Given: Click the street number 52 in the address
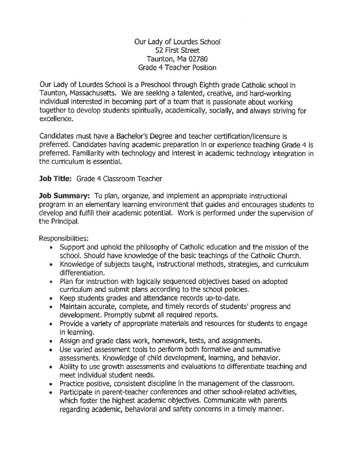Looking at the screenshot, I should [x=159, y=50].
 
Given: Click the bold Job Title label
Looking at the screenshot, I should [x=55, y=179].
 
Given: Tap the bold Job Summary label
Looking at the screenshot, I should [x=65, y=196].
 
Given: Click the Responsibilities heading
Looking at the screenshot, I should [x=64, y=238].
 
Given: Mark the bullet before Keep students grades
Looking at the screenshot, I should [x=51, y=299].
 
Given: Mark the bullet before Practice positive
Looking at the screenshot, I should [x=51, y=385].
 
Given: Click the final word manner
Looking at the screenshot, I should [x=272, y=410].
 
